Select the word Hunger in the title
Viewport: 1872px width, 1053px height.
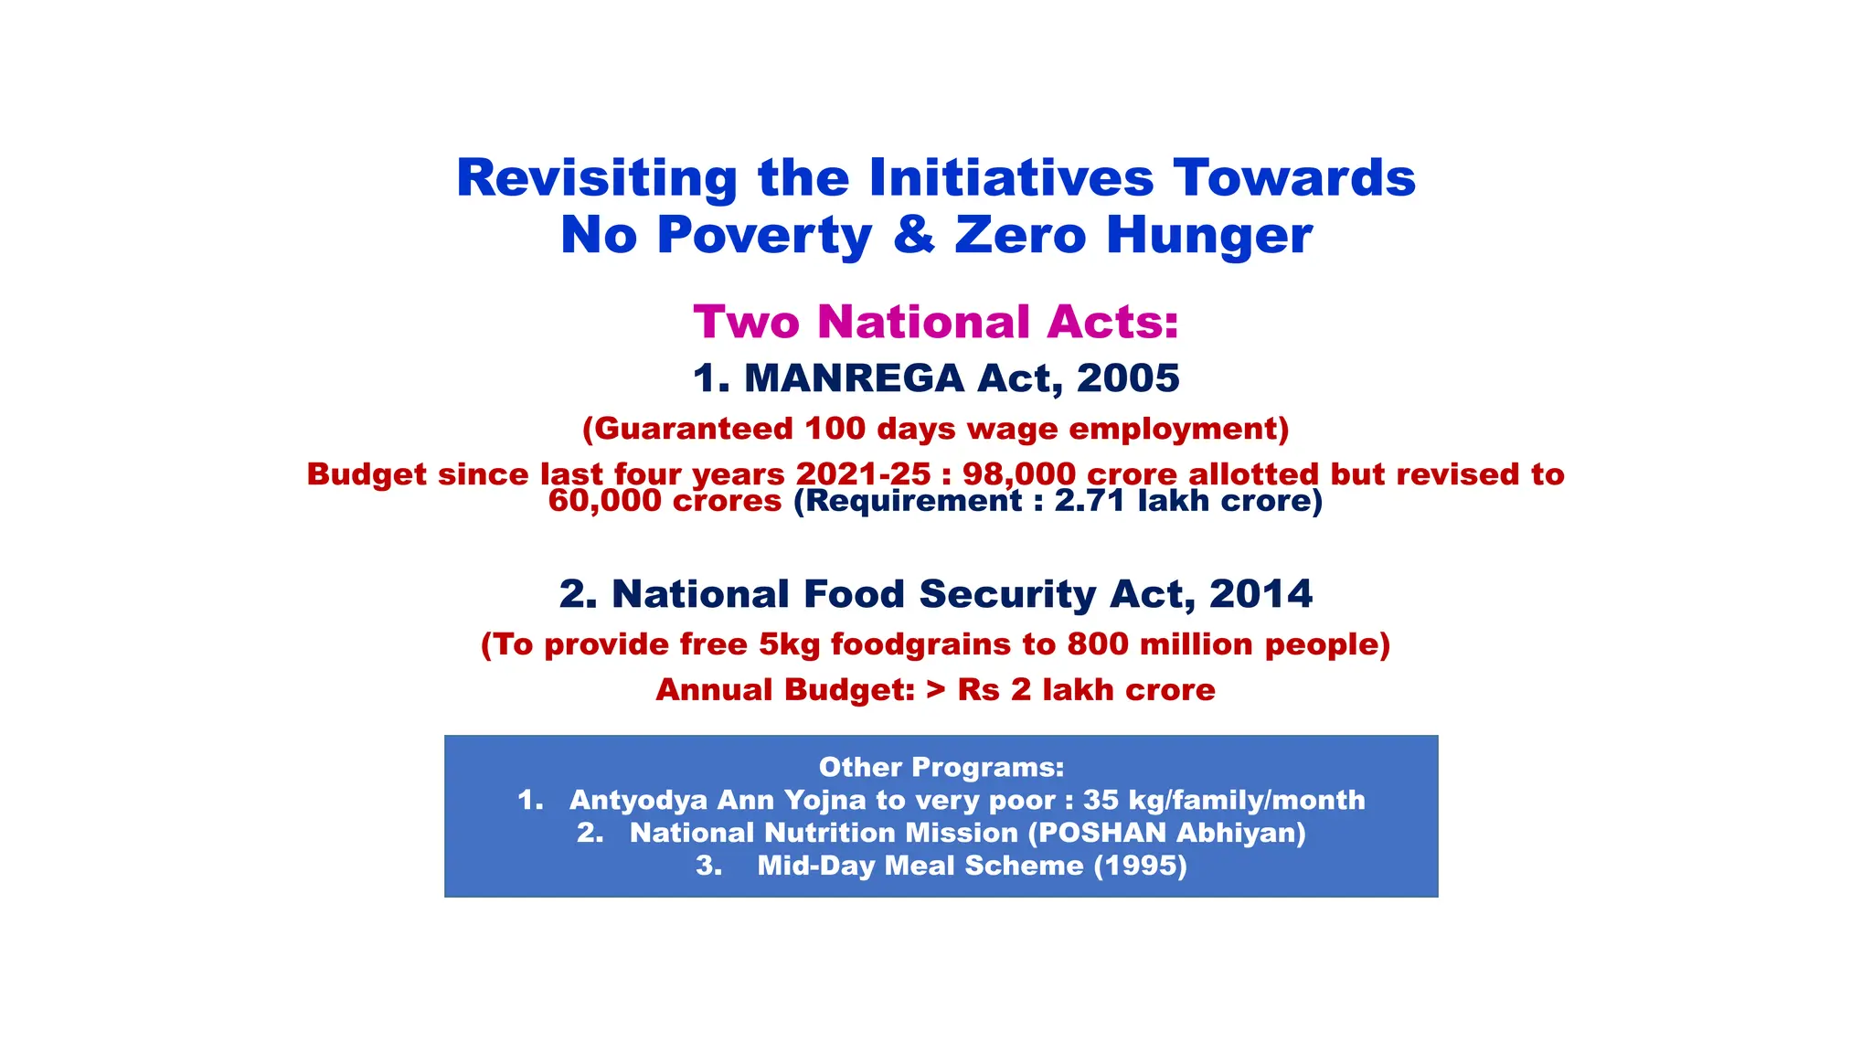pyautogui.click(x=1209, y=236)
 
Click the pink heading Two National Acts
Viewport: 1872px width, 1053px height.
pyautogui.click(x=936, y=322)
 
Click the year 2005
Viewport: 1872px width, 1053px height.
pyautogui.click(x=1128, y=378)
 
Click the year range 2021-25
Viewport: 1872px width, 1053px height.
pyautogui.click(x=863, y=474)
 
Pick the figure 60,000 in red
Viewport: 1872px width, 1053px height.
pyautogui.click(x=606, y=501)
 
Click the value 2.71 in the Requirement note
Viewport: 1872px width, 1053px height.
pyautogui.click(x=1090, y=501)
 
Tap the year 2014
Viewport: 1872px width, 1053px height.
pyautogui.click(x=1260, y=594)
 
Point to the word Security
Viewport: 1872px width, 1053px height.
pyautogui.click(x=1007, y=594)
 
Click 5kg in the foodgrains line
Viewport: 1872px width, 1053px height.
pyautogui.click(x=790, y=644)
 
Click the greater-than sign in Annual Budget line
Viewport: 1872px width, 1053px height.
pyautogui.click(x=935, y=690)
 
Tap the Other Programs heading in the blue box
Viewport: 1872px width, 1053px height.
pyautogui.click(x=941, y=767)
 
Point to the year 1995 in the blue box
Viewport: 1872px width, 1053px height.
pyautogui.click(x=1141, y=866)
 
